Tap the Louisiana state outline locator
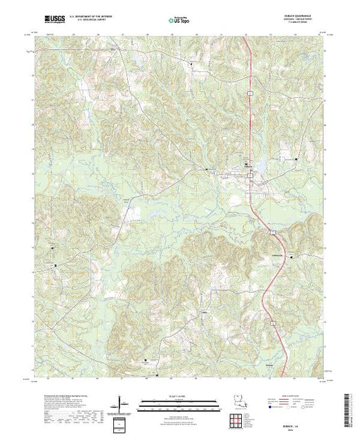point(237,399)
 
